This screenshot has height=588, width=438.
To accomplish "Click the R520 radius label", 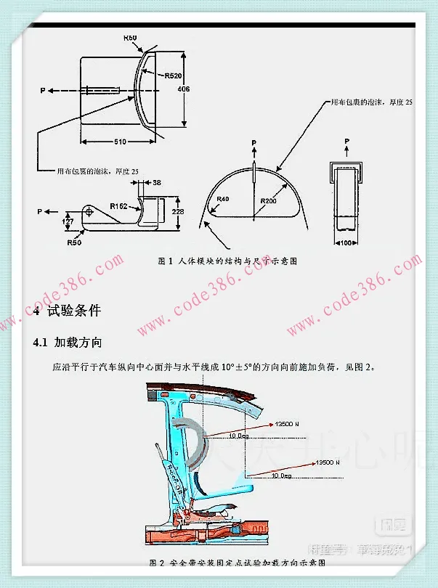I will pos(174,75).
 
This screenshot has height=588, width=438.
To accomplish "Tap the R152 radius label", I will pos(119,206).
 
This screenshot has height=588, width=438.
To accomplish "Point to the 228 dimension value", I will pos(178,211).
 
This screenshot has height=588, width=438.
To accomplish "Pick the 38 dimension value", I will pos(157,183).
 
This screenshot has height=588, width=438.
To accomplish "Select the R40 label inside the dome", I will pos(222,198).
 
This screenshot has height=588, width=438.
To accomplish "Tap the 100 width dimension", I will pos(347,241).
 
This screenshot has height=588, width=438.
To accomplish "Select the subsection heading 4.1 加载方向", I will pos(68,342).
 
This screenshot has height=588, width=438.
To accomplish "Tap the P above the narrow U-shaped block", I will pos(348,140).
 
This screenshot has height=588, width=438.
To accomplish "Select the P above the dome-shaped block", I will pos(254,142).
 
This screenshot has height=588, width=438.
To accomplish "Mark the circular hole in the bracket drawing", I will pos(89,211).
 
